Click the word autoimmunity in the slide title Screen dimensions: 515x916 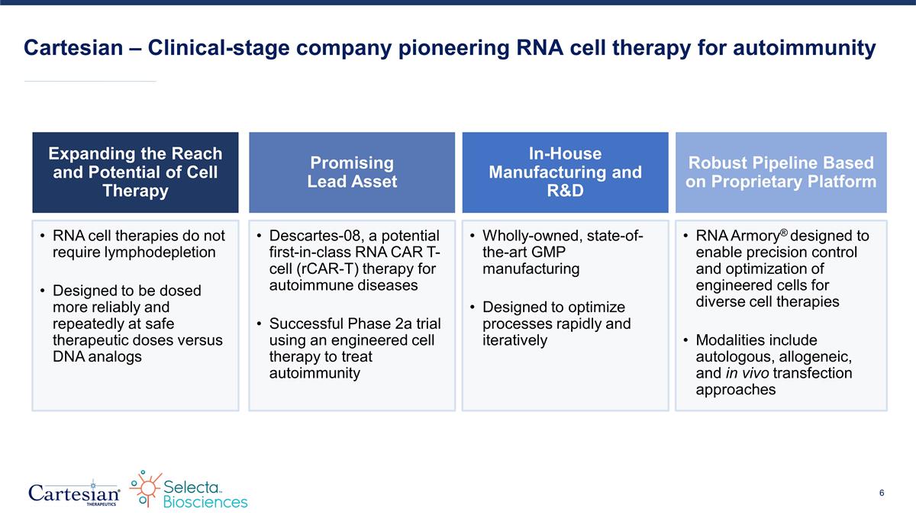tap(804, 49)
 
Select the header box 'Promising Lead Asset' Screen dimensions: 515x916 tap(352, 172)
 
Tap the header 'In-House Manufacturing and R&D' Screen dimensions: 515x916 tap(565, 172)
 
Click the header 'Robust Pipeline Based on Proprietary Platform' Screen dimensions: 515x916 tap(781, 172)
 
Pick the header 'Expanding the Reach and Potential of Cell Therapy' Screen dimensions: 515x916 tap(136, 172)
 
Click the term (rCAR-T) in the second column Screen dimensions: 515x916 tap(302, 269)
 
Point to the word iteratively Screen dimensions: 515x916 tap(514, 340)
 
